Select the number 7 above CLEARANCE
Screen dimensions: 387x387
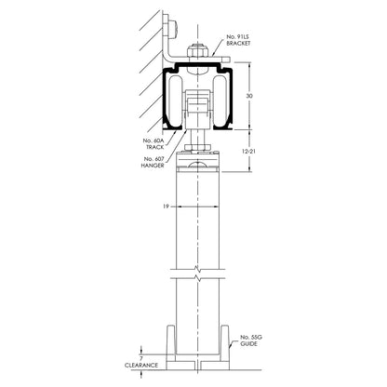coord(142,356)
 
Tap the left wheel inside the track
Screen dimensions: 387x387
coord(175,103)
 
